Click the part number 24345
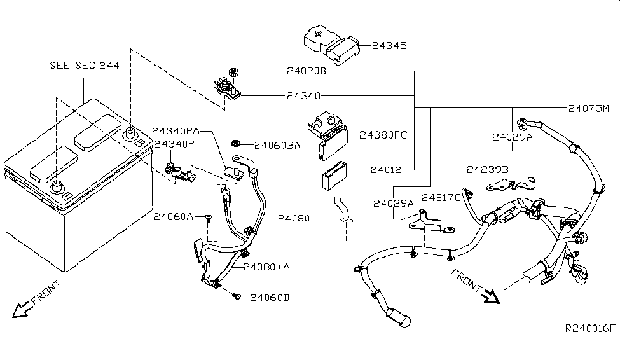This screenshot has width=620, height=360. (389, 46)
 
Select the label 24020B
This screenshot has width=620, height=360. (307, 71)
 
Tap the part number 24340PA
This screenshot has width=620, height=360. (176, 131)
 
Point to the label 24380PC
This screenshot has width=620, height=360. (383, 135)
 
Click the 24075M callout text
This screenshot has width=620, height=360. (589, 108)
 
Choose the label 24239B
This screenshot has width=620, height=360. (487, 170)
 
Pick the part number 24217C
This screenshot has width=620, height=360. (441, 197)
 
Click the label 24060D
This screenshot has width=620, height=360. (270, 298)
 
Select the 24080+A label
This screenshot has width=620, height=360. (266, 267)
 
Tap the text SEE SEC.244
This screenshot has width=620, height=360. (84, 66)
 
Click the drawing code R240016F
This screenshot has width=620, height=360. (590, 328)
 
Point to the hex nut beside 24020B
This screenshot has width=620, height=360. (233, 72)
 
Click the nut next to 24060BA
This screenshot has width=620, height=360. (236, 143)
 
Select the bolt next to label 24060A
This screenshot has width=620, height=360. (209, 218)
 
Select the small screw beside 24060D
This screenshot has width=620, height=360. (237, 295)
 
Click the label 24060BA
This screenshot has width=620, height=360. (277, 146)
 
